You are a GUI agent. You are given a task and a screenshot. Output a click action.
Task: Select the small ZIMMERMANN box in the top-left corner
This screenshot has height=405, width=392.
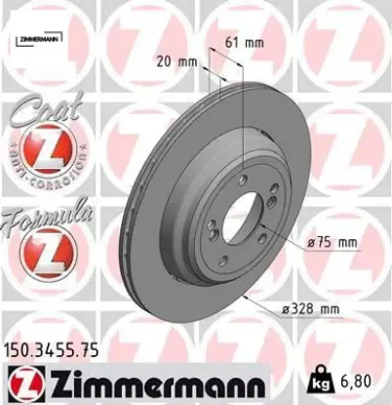pyautogui.click(x=38, y=38)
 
